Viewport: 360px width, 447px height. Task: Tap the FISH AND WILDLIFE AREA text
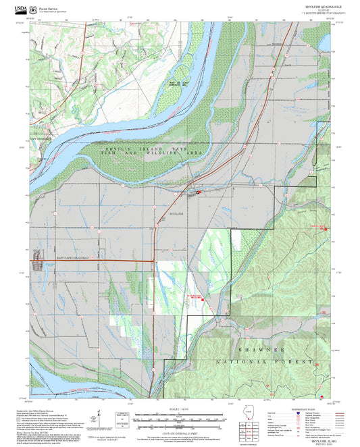pos(158,153)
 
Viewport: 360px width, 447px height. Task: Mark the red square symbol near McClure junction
pos(198,192)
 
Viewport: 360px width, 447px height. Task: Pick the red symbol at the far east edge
pos(326,228)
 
